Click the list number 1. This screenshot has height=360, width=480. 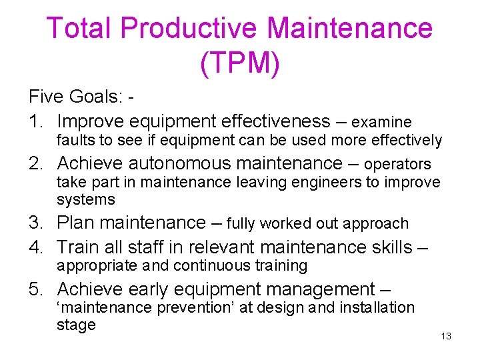(x=34, y=121)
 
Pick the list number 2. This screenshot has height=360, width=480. (x=35, y=163)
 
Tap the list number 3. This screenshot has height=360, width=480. (x=35, y=223)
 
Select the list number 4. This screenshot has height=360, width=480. (x=35, y=247)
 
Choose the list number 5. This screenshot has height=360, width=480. (x=35, y=289)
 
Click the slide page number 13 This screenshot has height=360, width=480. (x=446, y=336)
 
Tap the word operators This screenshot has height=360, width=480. (x=397, y=165)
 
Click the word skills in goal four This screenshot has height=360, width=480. (x=388, y=247)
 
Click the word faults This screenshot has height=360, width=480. (x=74, y=141)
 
